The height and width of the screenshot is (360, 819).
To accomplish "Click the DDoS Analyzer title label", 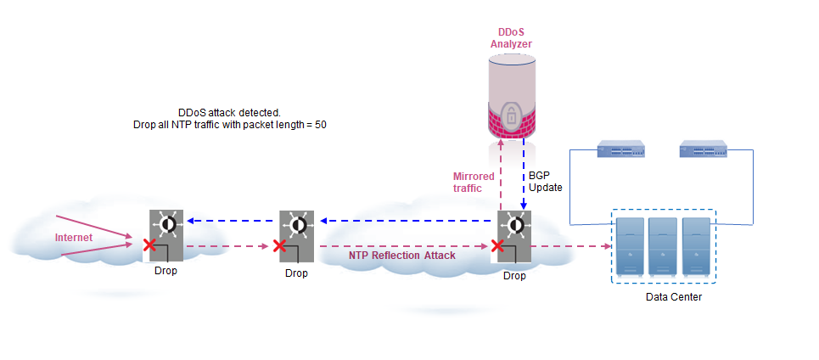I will pyautogui.click(x=511, y=37).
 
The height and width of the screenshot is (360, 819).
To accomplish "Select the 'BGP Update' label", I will pyautogui.click(x=540, y=180).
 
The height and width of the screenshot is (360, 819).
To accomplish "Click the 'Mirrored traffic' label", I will pyautogui.click(x=474, y=182).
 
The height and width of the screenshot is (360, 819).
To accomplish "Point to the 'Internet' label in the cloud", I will pyautogui.click(x=74, y=238).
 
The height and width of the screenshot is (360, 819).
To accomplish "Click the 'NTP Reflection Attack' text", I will pyautogui.click(x=401, y=255).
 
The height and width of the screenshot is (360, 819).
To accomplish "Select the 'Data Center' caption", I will pyautogui.click(x=674, y=297).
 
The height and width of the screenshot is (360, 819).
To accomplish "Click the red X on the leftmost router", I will pyautogui.click(x=149, y=246).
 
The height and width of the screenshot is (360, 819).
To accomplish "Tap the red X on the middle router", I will pyautogui.click(x=279, y=246).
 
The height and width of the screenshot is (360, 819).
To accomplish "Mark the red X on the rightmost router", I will pyautogui.click(x=496, y=246).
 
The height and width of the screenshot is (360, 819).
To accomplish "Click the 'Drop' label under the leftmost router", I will pyautogui.click(x=166, y=271).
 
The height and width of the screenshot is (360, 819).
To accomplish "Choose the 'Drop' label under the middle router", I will pyautogui.click(x=296, y=273).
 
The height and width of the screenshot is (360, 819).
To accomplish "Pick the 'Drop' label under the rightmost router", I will pyautogui.click(x=514, y=275).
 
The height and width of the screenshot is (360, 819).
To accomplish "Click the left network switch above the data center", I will pyautogui.click(x=622, y=151).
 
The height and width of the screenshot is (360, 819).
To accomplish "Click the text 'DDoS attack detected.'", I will pyautogui.click(x=228, y=112).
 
